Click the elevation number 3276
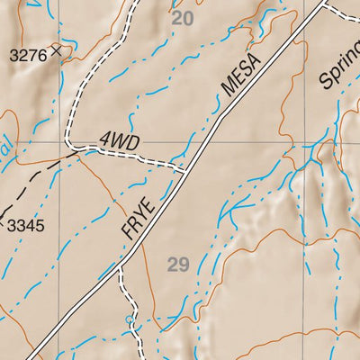point(27,56)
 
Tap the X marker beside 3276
point(57,51)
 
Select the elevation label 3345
point(25,225)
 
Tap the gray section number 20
point(183,18)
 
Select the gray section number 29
point(178,264)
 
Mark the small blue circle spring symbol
point(130,319)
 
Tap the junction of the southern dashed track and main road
point(121,267)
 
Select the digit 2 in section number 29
point(173,264)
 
